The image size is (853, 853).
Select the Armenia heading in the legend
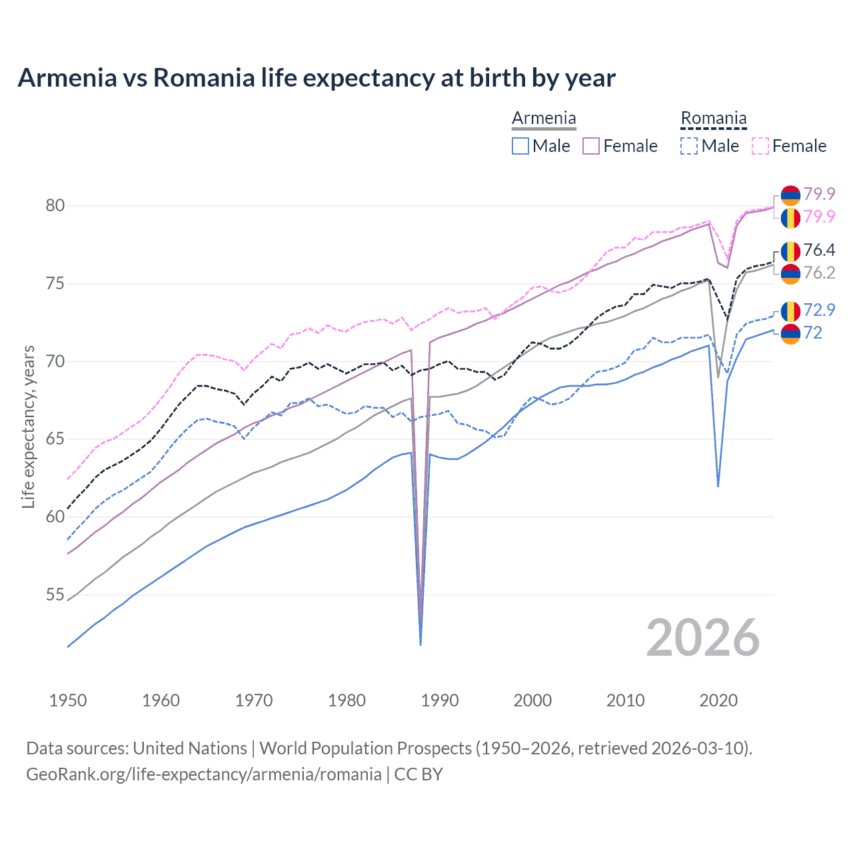[x=544, y=119]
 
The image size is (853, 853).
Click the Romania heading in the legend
[x=713, y=119]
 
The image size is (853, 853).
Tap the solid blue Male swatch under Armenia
[x=520, y=146]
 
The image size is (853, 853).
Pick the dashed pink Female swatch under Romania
[x=760, y=146]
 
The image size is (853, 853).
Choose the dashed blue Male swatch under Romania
[x=689, y=146]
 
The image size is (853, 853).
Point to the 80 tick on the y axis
[x=55, y=205]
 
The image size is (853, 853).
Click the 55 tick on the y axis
[x=55, y=594]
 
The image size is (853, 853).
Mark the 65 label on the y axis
[x=55, y=439]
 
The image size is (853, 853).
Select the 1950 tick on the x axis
[x=68, y=700]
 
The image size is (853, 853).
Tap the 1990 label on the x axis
[x=440, y=700]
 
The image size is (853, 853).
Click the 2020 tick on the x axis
[x=718, y=700]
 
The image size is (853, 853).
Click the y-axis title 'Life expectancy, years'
[x=28, y=426]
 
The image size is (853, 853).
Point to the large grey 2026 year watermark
[x=702, y=638]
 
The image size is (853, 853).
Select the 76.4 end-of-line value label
[x=819, y=250]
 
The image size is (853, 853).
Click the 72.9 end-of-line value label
[x=819, y=310]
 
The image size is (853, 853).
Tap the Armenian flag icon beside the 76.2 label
[x=790, y=273]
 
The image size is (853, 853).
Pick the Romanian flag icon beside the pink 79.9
[x=790, y=217]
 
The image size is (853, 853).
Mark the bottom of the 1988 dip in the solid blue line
[x=421, y=644]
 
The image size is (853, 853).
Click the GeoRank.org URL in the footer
[x=203, y=774]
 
